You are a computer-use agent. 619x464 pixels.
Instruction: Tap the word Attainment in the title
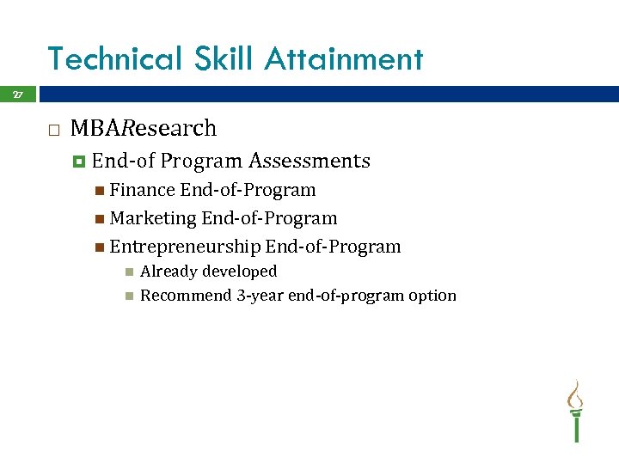pos(344,59)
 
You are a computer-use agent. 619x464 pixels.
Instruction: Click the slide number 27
pos(17,95)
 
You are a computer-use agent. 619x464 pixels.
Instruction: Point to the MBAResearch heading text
pos(144,129)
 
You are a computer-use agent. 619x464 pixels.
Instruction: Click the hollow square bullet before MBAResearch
pos(53,130)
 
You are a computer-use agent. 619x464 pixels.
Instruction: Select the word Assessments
pos(309,161)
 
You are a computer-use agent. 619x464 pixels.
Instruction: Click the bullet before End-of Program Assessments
pos(79,161)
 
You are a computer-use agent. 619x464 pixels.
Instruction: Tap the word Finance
pos(142,190)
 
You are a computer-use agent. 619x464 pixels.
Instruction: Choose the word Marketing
pos(153,218)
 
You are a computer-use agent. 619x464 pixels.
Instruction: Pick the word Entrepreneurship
pos(185,247)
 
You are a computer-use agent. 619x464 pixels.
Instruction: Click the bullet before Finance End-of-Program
pos(100,190)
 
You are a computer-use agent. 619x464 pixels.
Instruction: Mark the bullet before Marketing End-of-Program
pos(100,218)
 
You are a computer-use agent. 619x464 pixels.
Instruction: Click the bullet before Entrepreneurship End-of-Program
pos(100,247)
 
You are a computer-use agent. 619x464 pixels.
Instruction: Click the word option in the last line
pos(432,296)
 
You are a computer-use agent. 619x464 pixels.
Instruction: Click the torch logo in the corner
pos(575,411)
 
